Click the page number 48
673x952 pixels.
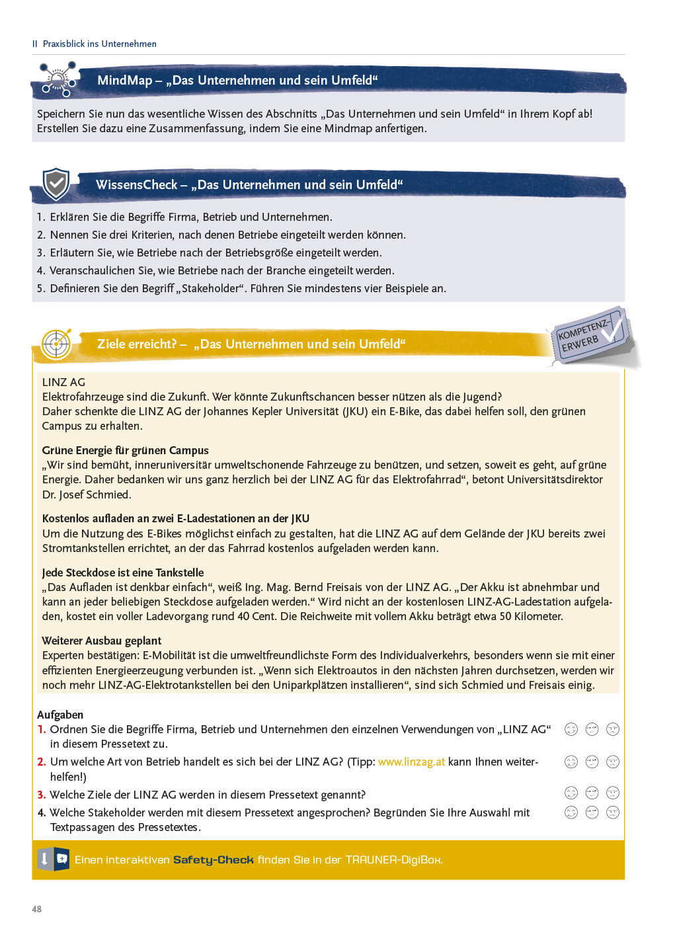tap(36, 909)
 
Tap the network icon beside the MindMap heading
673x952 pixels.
tap(58, 80)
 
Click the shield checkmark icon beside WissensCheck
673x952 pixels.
tap(56, 184)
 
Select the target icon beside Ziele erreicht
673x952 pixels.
tap(56, 344)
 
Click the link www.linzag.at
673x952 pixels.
tap(411, 762)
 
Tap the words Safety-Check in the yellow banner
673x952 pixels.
tap(213, 859)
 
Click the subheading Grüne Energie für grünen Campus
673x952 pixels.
tap(125, 450)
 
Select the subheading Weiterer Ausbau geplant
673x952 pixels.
tap(101, 641)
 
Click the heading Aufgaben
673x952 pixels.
tap(60, 715)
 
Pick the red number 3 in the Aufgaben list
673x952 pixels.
tap(41, 795)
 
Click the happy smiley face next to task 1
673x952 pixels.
tap(571, 729)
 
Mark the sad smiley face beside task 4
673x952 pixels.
tap(613, 812)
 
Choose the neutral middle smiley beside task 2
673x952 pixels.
tap(592, 762)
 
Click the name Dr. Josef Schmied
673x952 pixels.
tap(87, 495)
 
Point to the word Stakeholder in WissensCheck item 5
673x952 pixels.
tap(212, 288)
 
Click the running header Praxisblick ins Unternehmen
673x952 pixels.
tap(99, 44)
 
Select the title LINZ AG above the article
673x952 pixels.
tap(63, 382)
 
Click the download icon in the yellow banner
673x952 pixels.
tap(44, 859)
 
